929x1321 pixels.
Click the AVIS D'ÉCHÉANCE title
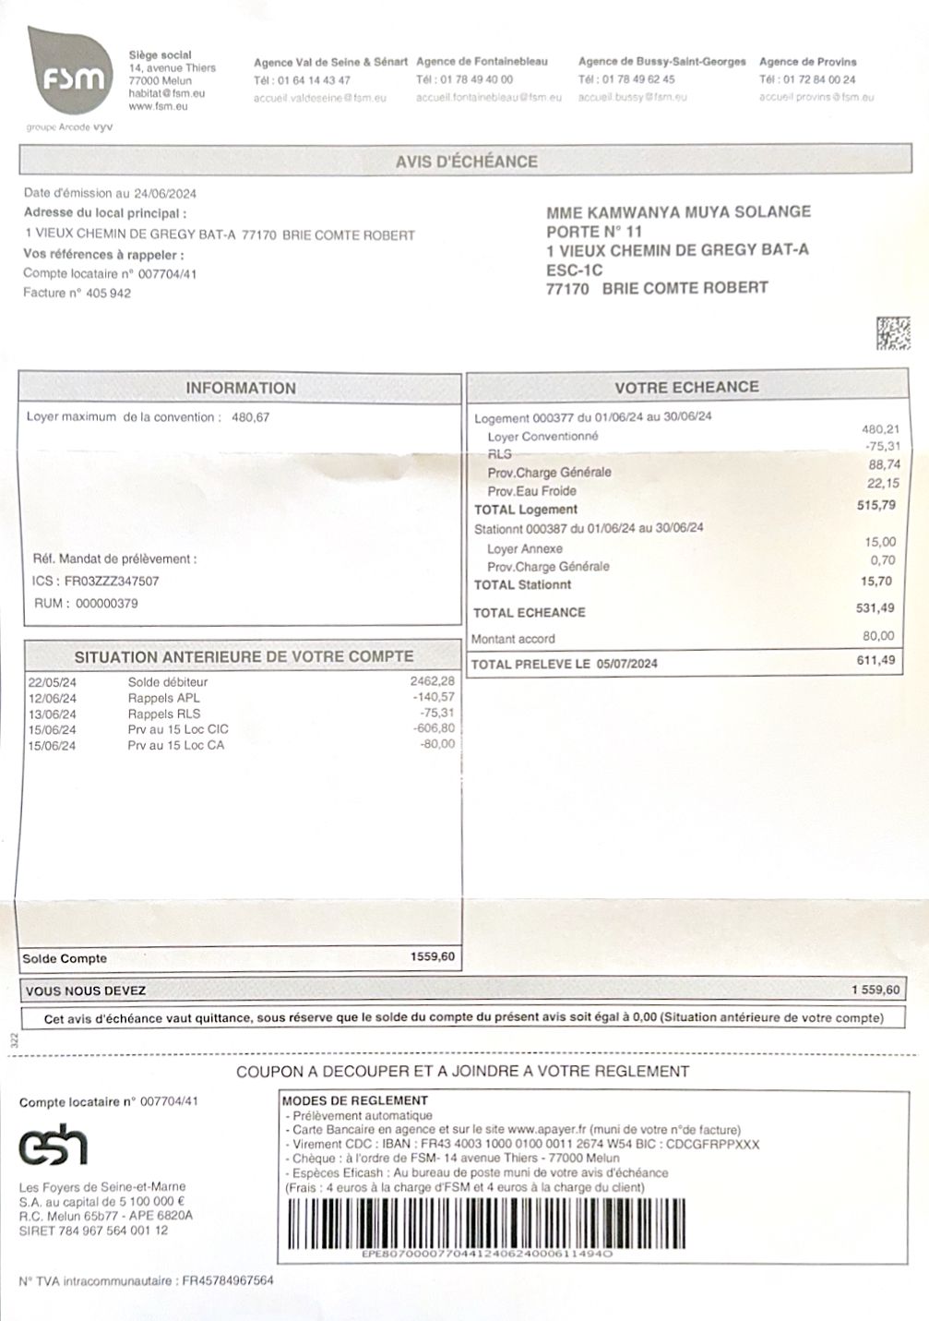point(466,162)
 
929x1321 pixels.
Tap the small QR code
point(892,333)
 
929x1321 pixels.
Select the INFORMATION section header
point(241,388)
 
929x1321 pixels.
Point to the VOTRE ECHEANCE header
point(686,387)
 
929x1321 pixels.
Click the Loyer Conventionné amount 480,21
point(880,429)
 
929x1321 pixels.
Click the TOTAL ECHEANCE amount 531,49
point(875,607)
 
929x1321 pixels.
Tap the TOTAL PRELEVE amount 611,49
point(875,660)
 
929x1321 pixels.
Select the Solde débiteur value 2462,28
point(433,681)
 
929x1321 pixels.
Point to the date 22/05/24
point(52,682)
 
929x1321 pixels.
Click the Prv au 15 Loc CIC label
point(178,729)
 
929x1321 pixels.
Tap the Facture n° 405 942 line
point(77,294)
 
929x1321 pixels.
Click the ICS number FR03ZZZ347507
point(112,582)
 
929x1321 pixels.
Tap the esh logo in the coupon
point(54,1147)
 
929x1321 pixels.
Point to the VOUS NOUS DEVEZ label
point(86,991)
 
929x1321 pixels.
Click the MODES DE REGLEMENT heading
point(355,1100)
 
